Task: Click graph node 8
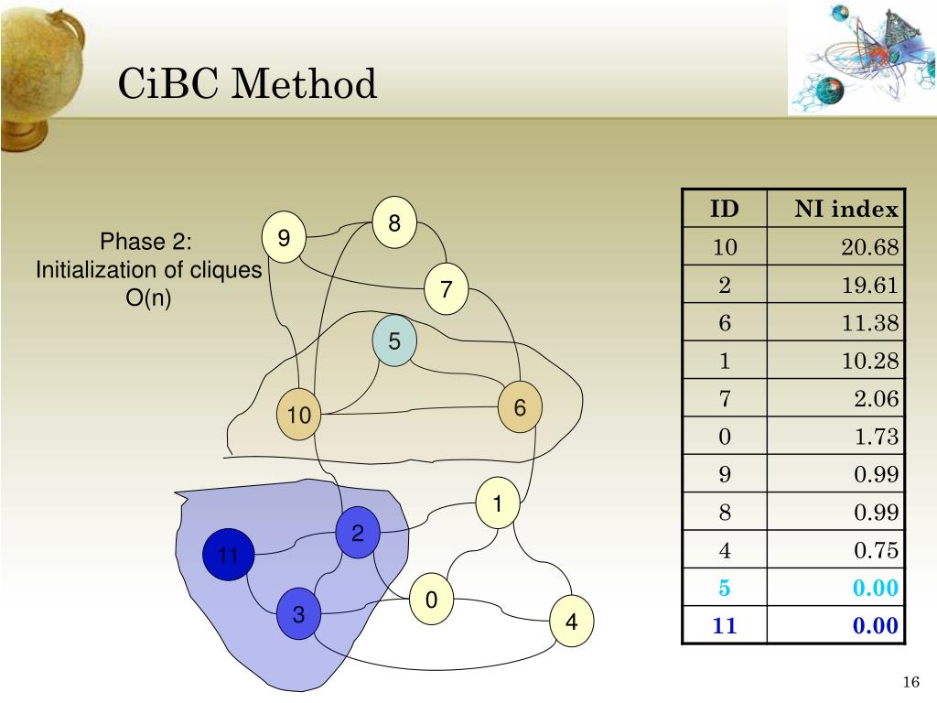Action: (394, 222)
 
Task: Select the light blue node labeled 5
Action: (394, 342)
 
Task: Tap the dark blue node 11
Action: (228, 556)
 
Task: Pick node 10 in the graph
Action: (299, 416)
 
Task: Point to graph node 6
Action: (520, 408)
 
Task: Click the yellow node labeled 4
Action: (572, 622)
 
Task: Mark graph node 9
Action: (284, 239)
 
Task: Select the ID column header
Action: (725, 210)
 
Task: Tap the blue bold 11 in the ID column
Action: (725, 627)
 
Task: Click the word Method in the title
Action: (305, 85)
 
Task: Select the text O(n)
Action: (148, 298)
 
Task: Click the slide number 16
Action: (910, 682)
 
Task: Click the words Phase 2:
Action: (145, 242)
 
